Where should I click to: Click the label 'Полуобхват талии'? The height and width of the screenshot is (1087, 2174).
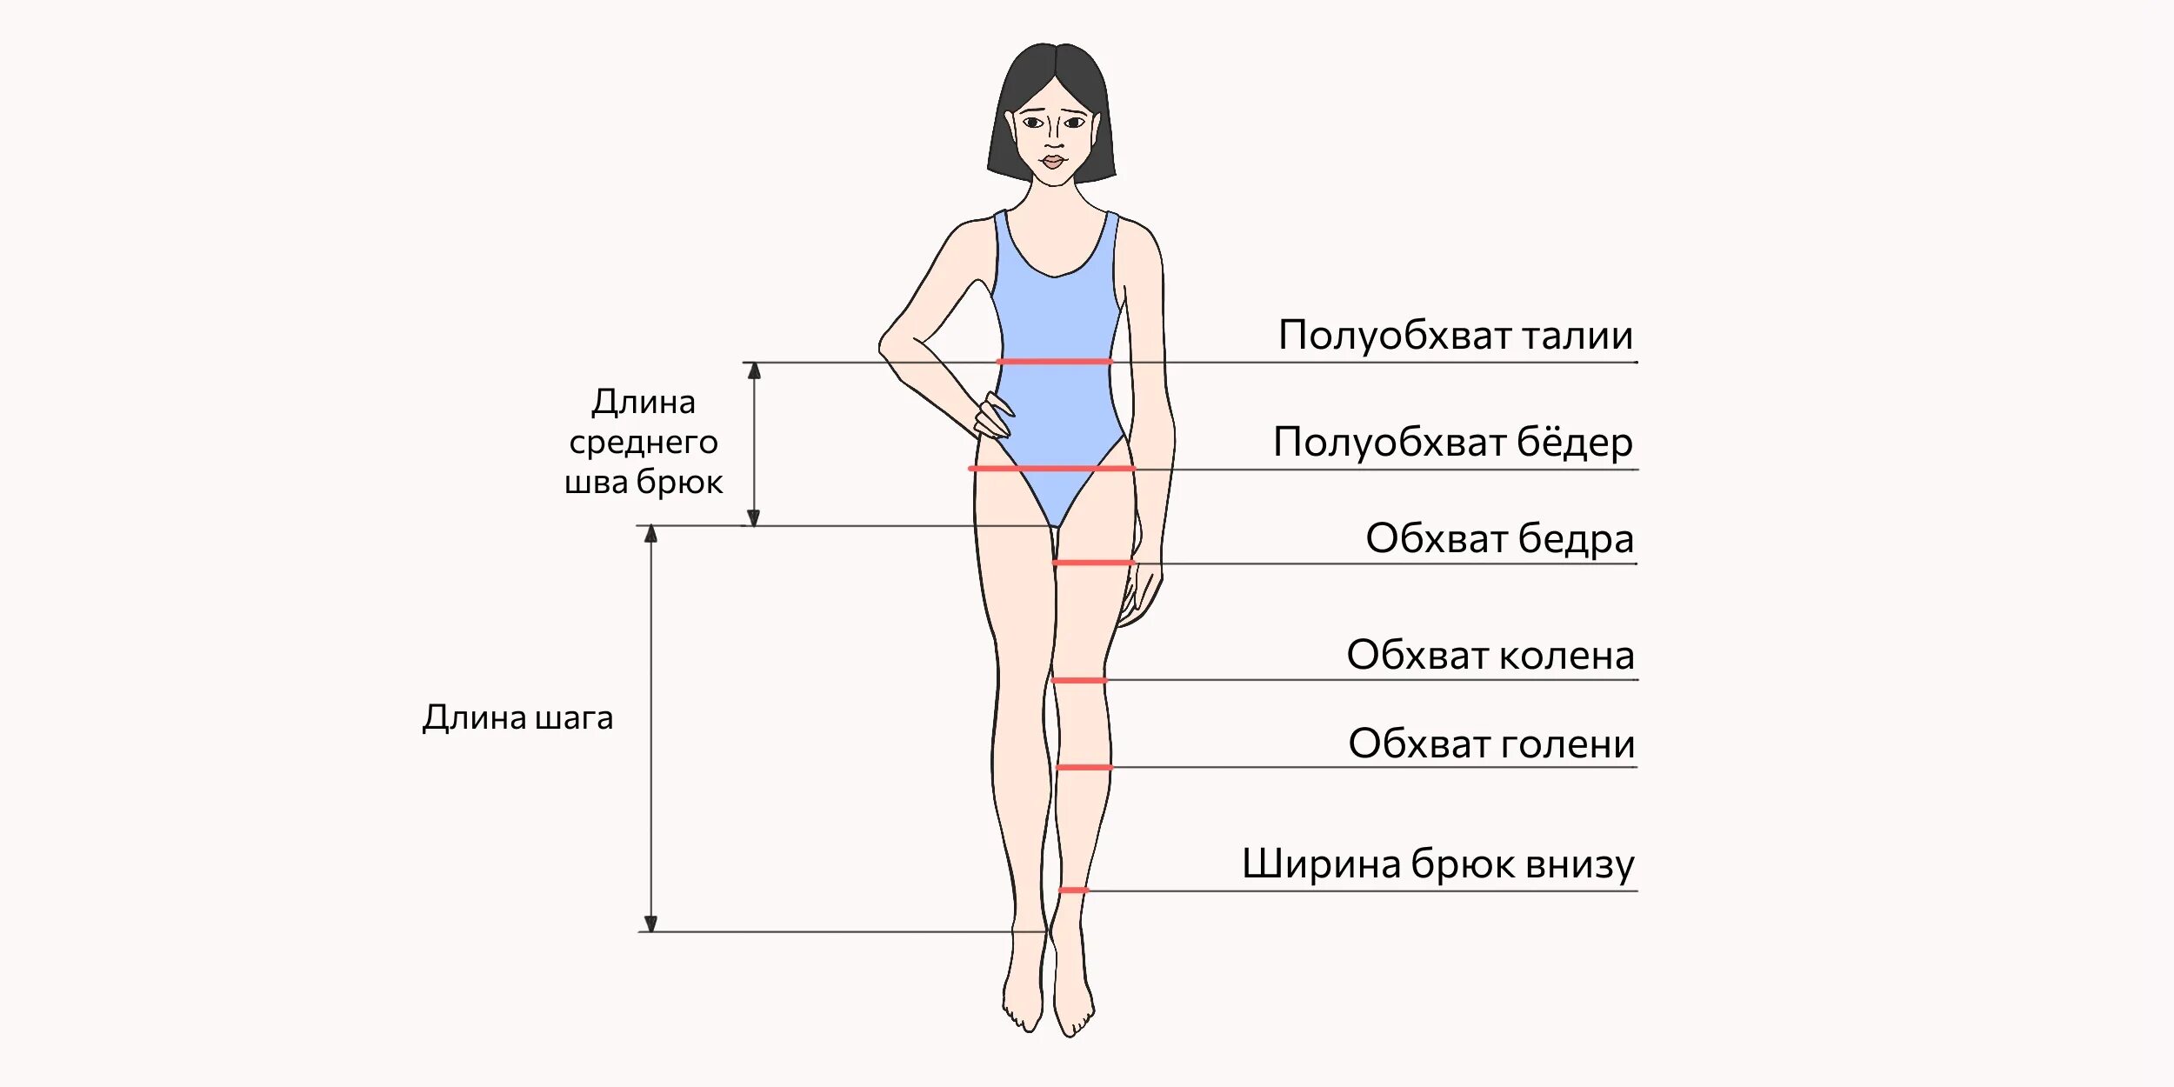coord(1455,336)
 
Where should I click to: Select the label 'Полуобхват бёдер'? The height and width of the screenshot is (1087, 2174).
coord(1452,443)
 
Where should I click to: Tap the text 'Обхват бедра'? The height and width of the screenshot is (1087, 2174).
coord(1499,539)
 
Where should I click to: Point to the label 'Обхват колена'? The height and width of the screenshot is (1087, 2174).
coord(1490,656)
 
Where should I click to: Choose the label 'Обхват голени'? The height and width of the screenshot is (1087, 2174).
coord(1491,744)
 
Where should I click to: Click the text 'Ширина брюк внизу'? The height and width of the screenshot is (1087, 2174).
coord(1437,864)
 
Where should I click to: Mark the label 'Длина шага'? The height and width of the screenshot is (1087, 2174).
coord(517,718)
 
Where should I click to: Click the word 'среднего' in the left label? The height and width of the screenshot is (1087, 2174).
coord(644,443)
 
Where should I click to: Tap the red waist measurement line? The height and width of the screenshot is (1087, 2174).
coord(1054,361)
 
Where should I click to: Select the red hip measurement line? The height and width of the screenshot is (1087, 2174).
coord(1052,469)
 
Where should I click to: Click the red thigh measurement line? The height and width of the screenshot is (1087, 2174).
coord(1093,563)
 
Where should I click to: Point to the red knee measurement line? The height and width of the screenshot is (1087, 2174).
coord(1079,680)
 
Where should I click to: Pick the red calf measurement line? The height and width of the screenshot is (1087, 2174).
coord(1084,767)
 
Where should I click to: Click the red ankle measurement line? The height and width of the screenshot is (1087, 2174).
coord(1073,890)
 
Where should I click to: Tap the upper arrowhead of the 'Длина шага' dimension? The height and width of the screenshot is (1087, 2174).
coord(650,534)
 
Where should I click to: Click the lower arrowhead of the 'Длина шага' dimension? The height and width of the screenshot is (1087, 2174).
coord(650,924)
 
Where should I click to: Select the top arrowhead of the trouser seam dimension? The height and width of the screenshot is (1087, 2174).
coord(754,371)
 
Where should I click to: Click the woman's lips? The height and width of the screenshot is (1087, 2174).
coord(1053,162)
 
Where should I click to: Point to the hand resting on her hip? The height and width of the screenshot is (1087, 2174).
coord(993,417)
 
